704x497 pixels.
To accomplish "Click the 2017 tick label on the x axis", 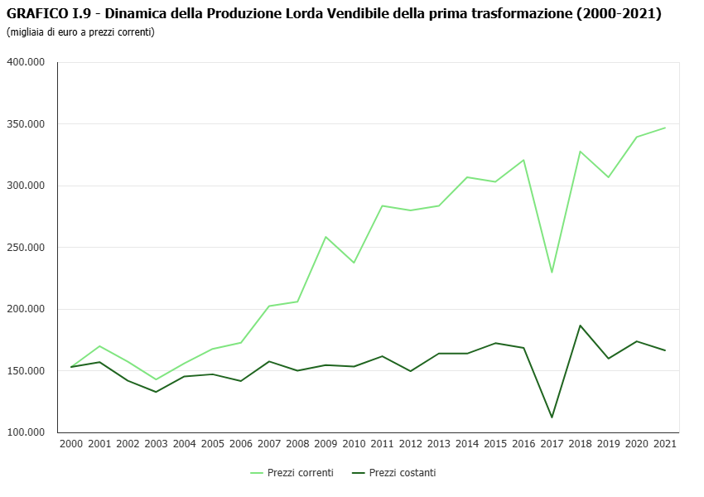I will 552,444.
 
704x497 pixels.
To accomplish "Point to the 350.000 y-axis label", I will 27,124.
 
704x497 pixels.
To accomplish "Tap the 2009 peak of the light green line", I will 325,237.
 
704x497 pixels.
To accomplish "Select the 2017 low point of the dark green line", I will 552,417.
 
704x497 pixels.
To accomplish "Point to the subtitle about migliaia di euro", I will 80,32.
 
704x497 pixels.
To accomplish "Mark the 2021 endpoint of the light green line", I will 664,128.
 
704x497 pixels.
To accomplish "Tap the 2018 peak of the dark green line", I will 580,326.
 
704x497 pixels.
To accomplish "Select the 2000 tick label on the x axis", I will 71,444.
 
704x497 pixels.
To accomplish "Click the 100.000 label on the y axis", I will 27,432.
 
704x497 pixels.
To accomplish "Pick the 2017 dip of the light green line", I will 552,273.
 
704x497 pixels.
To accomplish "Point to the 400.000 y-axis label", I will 27,62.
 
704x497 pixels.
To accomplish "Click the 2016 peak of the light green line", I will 523,160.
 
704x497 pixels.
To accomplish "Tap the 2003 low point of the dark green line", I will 156,392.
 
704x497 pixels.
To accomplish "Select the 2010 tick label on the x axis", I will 354,444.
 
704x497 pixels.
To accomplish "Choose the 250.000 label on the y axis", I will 27,248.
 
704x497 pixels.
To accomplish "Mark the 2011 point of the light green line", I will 382,205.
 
